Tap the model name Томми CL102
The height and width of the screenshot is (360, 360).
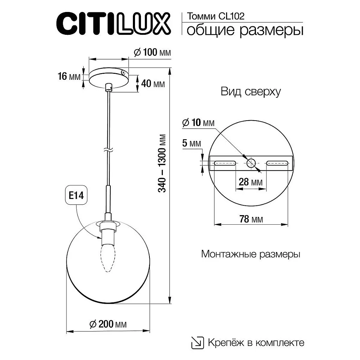(x=216, y=16)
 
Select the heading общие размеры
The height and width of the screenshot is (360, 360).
(x=245, y=31)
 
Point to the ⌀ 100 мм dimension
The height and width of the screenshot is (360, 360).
(x=152, y=53)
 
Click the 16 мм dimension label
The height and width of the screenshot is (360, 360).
(x=69, y=76)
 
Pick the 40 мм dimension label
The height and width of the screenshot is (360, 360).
(x=153, y=84)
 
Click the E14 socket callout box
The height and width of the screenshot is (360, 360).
(x=76, y=196)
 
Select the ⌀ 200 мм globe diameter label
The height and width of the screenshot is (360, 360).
(x=108, y=324)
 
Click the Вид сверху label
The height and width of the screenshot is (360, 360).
(x=250, y=92)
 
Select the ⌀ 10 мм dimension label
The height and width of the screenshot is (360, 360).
(x=198, y=123)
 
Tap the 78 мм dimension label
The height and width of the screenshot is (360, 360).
(x=251, y=219)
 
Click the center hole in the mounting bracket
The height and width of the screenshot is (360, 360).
(x=251, y=163)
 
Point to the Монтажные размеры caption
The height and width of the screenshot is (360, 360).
(x=250, y=254)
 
